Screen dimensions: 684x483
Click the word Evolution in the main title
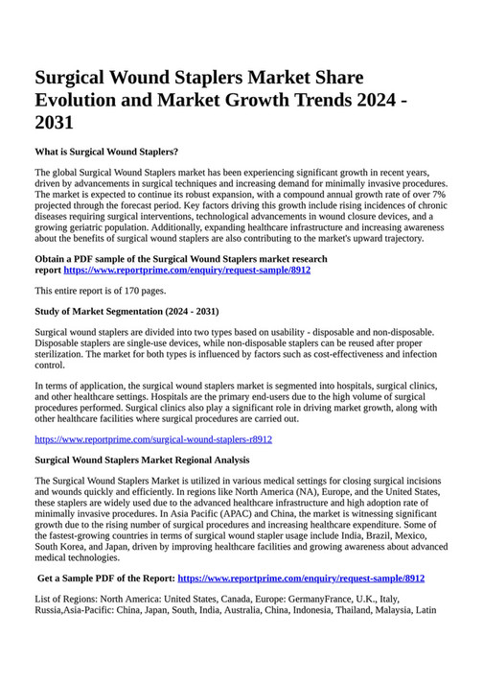point(79,100)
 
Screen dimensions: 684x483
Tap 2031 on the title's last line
point(54,123)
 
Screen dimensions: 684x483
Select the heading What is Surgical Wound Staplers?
point(106,152)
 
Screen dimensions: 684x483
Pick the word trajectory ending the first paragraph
point(396,239)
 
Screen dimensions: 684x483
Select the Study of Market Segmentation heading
point(126,311)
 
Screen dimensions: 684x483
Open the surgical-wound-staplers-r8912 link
point(153,439)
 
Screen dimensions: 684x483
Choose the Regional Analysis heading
point(142,460)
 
